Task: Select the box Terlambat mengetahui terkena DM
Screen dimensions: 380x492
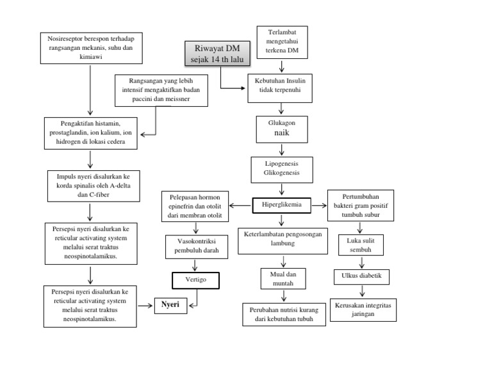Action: tap(282, 40)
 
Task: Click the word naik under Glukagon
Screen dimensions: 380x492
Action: tap(282, 135)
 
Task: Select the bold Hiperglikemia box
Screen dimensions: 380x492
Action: tap(282, 205)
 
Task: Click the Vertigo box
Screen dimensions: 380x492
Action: tap(195, 280)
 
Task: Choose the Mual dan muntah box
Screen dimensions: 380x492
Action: tap(281, 278)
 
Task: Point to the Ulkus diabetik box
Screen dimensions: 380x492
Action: tap(361, 277)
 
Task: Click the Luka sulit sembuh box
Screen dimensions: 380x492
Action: tap(360, 244)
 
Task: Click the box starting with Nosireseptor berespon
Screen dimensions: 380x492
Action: tap(90, 47)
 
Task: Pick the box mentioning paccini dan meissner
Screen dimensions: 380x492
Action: tap(157, 90)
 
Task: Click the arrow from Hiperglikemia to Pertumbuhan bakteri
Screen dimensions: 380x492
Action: tap(319, 205)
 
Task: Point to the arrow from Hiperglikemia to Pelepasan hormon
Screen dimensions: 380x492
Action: tap(240, 205)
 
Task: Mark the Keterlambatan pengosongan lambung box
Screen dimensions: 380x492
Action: tap(281, 239)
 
